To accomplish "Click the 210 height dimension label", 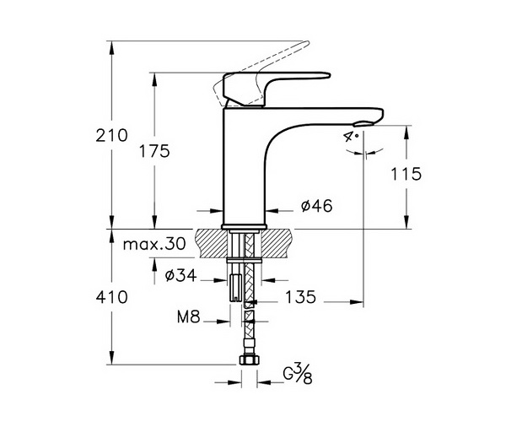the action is [x=111, y=136].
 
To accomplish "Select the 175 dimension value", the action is [x=154, y=151].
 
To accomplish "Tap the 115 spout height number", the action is [x=406, y=174].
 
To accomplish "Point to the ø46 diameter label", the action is [x=316, y=206].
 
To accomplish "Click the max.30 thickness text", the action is [x=154, y=244].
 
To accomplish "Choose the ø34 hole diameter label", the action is [x=180, y=275].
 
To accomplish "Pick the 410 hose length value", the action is [x=111, y=297].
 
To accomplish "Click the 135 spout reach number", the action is [x=300, y=297].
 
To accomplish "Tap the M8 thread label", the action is [x=189, y=317].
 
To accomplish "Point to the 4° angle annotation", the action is [x=351, y=137].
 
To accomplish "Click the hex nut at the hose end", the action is [x=248, y=360].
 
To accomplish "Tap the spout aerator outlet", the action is [x=364, y=124].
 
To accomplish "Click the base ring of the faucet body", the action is [x=244, y=226].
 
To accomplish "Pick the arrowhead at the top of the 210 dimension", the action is [x=111, y=47].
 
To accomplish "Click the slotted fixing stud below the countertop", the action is [x=235, y=288].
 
